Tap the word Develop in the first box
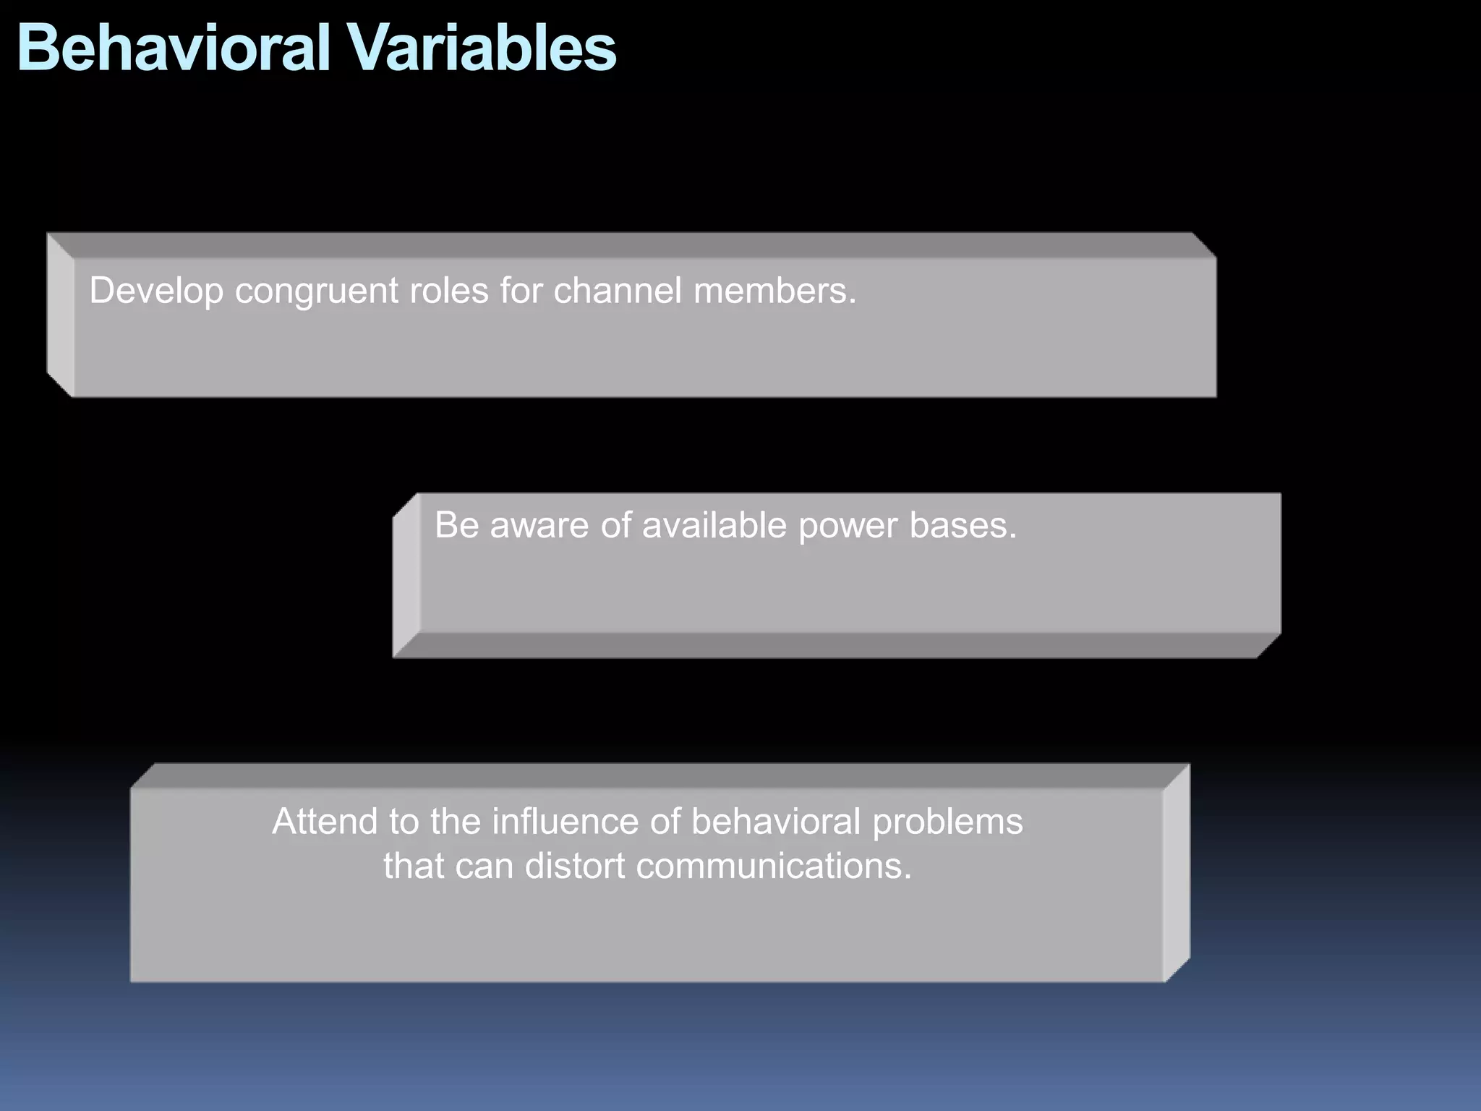[156, 291]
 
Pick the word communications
[773, 866]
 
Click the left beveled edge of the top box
[60, 315]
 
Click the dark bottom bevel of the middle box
[832, 645]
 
